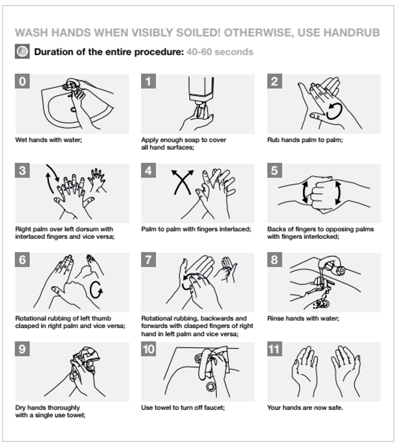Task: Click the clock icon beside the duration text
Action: pos(22,52)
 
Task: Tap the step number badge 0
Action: pos(22,81)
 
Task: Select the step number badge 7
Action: pos(149,260)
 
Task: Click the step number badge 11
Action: pos(274,349)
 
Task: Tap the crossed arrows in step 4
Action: pos(182,182)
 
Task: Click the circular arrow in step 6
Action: pos(96,290)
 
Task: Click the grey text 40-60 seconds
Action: pos(220,52)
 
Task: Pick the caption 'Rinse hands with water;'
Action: pos(303,319)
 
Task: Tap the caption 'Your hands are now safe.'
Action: pos(305,408)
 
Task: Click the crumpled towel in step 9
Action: pos(86,359)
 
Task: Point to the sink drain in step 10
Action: pos(211,387)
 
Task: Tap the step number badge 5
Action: pos(274,170)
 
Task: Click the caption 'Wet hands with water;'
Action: pos(49,140)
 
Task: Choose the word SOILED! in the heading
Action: pos(198,33)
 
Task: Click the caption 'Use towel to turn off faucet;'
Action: pos(183,408)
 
